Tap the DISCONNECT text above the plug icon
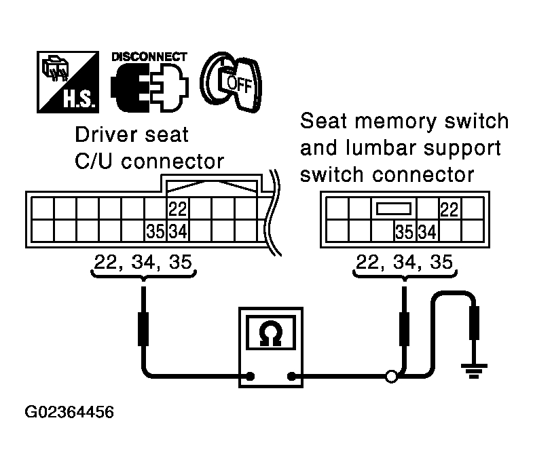[148, 57]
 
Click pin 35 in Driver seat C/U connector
[155, 231]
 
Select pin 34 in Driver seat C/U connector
[178, 231]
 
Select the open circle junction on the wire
[391, 375]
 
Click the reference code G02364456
[69, 412]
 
